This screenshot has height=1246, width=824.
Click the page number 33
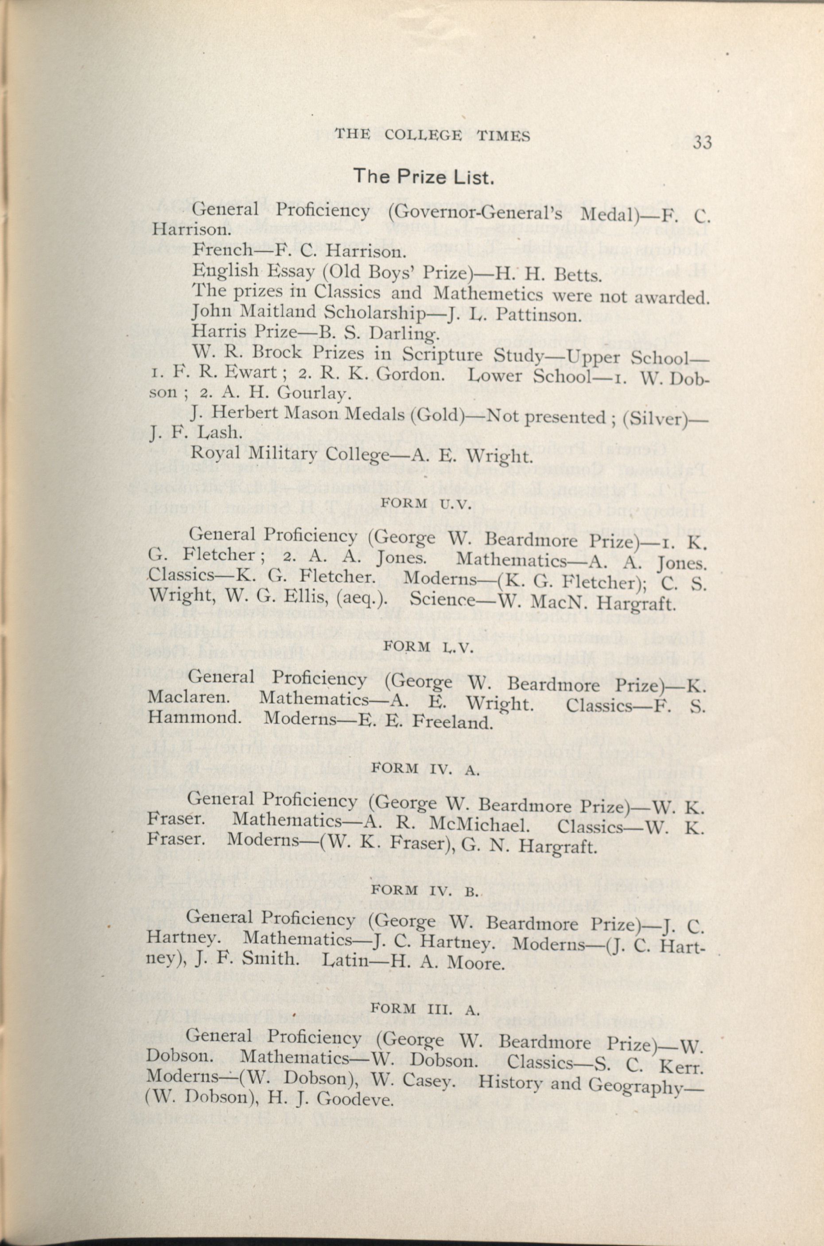pos(702,143)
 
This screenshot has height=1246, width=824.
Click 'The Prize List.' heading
pos(424,177)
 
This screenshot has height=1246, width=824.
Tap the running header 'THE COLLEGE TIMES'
pos(432,136)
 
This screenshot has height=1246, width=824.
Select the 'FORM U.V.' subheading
pos(427,503)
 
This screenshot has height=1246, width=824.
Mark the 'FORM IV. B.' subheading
pos(426,890)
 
